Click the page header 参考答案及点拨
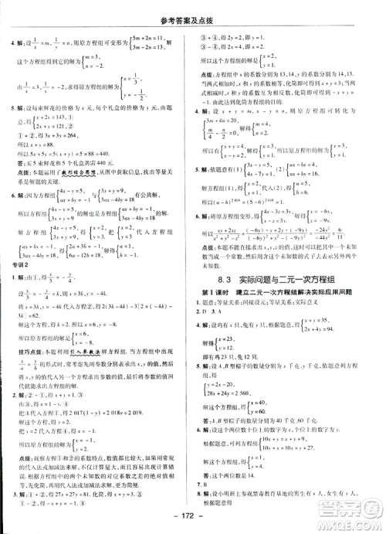pos(192,9)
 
